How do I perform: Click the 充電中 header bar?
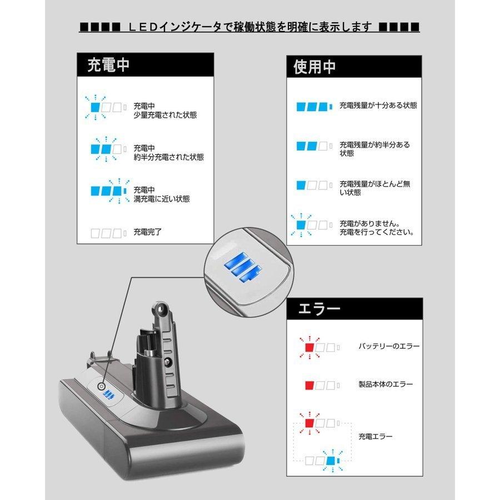[144, 65]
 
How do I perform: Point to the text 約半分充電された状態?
[168, 157]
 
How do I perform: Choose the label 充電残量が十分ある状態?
[378, 105]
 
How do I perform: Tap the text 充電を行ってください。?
[376, 232]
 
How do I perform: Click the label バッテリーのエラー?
[389, 346]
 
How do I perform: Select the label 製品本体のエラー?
[386, 384]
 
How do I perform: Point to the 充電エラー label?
[376, 437]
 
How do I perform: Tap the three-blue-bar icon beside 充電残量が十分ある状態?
[313, 106]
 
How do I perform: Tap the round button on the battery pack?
[101, 387]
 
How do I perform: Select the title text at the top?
[249, 26]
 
